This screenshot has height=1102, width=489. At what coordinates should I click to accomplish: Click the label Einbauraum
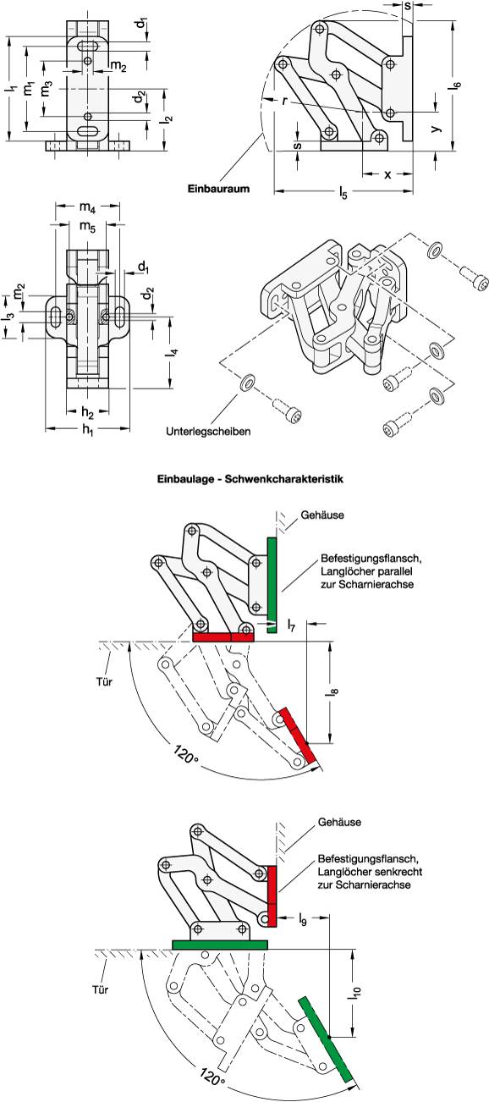pos(217,190)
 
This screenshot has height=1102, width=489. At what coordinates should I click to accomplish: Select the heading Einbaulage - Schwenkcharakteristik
pos(244,479)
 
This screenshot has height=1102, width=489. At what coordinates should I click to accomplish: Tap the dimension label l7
pos(291,625)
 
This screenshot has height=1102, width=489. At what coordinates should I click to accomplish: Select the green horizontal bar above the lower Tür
pos(219,944)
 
